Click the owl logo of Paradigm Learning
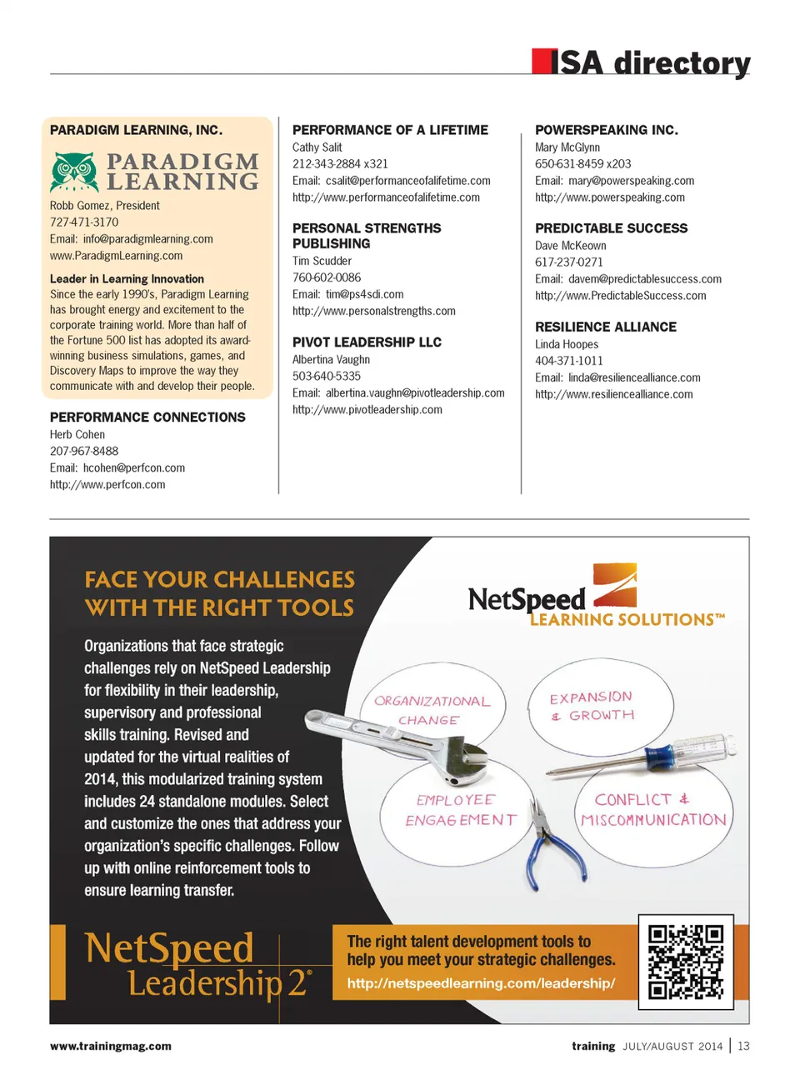pyautogui.click(x=74, y=172)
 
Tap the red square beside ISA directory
pyautogui.click(x=541, y=62)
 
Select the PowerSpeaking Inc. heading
pyautogui.click(x=606, y=130)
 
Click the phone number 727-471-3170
pyautogui.click(x=84, y=222)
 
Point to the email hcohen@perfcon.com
pyautogui.click(x=133, y=468)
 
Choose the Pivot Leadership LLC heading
pyautogui.click(x=367, y=342)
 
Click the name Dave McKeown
pyautogui.click(x=570, y=246)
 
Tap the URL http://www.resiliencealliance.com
pyautogui.click(x=613, y=394)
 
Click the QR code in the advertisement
pyautogui.click(x=686, y=962)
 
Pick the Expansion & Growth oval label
pyautogui.click(x=592, y=705)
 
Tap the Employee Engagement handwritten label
pyautogui.click(x=460, y=810)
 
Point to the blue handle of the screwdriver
pyautogui.click(x=660, y=756)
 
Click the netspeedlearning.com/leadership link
pyautogui.click(x=481, y=983)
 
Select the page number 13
pyautogui.click(x=743, y=1046)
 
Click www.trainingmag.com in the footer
pyautogui.click(x=111, y=1046)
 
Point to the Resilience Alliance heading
pyautogui.click(x=605, y=327)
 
